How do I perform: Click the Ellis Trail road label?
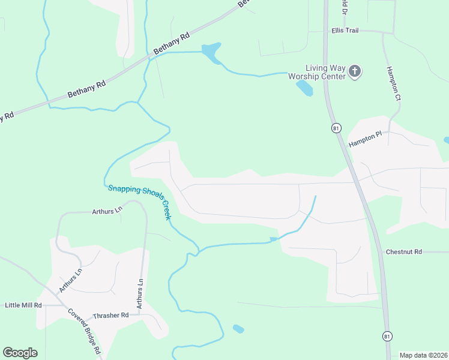pos(345,30)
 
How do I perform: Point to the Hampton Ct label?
pos(394,83)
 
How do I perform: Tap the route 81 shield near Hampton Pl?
pos(336,128)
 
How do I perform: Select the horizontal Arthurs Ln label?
pos(107,211)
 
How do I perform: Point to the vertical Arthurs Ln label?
pos(140,293)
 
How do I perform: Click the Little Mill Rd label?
pos(23,305)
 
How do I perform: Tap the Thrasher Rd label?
pos(111,315)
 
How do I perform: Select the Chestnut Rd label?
pos(404,252)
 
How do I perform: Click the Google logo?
pos(20,353)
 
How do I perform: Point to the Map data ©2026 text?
pos(423,355)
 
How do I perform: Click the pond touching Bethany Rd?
pos(211,52)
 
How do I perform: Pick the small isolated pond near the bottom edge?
pos(238,329)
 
